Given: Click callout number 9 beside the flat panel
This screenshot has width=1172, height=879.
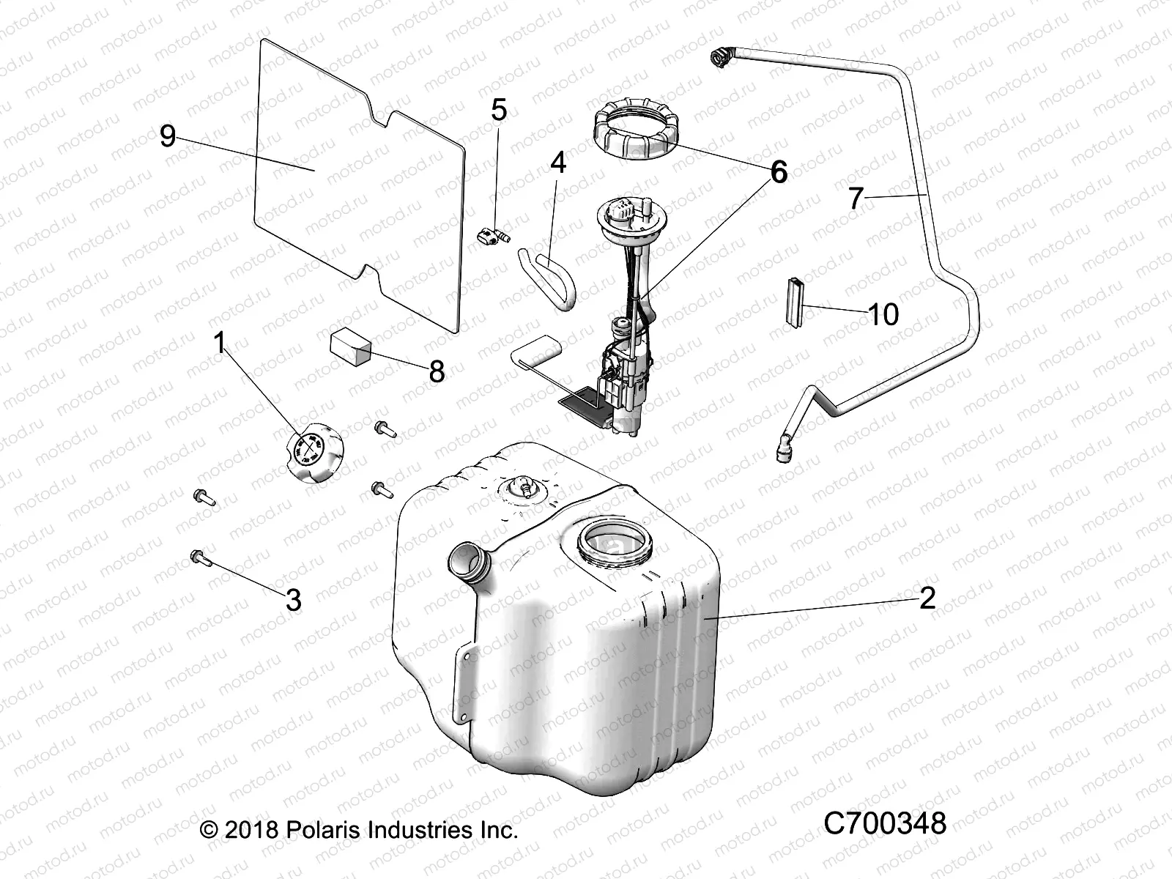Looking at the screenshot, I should coord(168,136).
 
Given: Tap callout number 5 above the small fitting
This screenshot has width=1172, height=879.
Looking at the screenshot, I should coord(499,111).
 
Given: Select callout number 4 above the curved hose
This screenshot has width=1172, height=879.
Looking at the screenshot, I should coord(558,163).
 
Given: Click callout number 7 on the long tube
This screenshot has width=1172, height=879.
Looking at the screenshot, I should coord(856,198).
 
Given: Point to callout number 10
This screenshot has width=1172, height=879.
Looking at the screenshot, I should coord(883,314).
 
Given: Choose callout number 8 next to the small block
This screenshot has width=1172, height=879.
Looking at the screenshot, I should coord(437,371).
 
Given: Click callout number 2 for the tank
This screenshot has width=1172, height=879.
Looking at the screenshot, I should coord(927,598).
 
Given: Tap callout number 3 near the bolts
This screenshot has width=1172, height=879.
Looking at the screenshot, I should coord(293,601).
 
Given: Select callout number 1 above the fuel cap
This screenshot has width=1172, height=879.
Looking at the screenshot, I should coord(220,342).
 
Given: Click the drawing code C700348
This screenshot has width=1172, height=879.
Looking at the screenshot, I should coord(884,823).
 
